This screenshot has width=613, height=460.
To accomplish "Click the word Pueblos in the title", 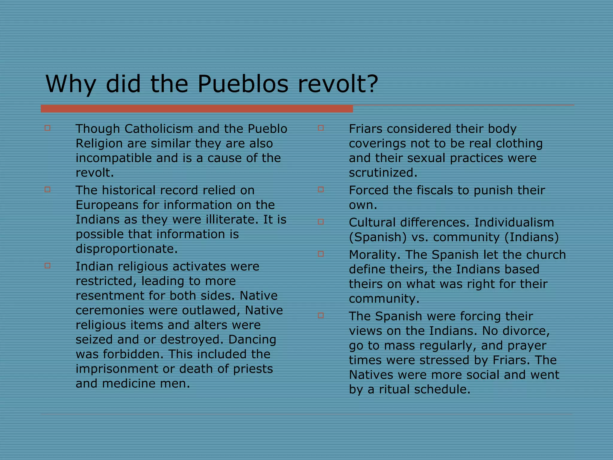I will [x=243, y=84].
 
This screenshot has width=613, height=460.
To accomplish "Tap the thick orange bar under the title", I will [x=197, y=109].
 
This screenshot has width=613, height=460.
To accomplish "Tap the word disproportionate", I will [x=127, y=249].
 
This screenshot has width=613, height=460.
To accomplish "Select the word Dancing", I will [x=252, y=340].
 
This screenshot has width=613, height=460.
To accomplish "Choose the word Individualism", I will [x=514, y=223].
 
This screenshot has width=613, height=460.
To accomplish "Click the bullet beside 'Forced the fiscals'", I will [x=321, y=190].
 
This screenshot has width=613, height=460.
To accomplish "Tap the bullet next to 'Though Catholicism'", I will [x=47, y=128].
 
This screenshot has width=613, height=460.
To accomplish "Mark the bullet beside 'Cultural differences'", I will [x=321, y=222].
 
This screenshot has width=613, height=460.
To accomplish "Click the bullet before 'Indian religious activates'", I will [x=47, y=266].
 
